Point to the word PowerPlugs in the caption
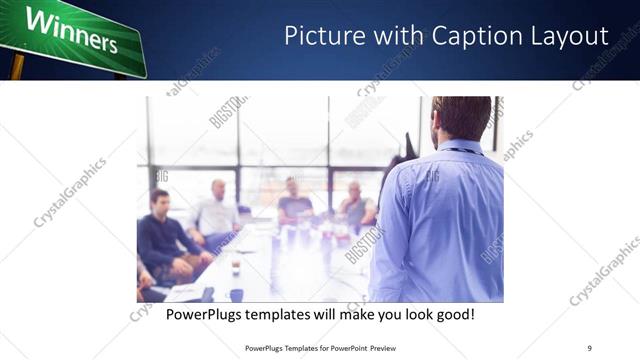click(x=205, y=315)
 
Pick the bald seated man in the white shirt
click(x=216, y=212)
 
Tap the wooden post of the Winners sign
click(x=16, y=67)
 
